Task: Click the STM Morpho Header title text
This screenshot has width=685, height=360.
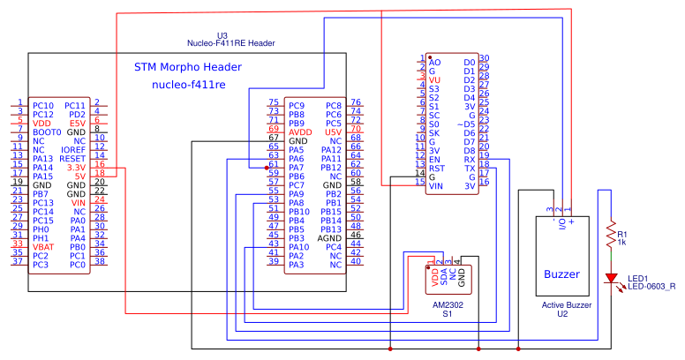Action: click(187, 67)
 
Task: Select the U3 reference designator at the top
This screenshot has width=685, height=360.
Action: click(234, 34)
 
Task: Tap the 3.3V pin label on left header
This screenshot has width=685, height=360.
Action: click(76, 167)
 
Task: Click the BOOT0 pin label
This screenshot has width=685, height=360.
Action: click(47, 131)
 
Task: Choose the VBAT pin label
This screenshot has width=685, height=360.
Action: click(42, 246)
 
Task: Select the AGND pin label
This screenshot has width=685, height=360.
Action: click(329, 237)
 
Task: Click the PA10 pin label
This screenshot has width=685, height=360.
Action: click(298, 246)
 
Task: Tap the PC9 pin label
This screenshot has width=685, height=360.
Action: click(297, 105)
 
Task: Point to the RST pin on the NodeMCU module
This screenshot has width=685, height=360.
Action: click(436, 168)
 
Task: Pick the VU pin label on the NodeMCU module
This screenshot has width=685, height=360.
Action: click(434, 79)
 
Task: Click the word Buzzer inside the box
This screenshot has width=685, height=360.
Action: click(561, 273)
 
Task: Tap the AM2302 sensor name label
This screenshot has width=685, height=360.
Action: click(448, 304)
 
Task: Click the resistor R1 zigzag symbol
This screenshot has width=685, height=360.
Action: click(608, 235)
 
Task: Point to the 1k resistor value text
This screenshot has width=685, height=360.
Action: click(622, 242)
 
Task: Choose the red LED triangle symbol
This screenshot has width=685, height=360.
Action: click(609, 278)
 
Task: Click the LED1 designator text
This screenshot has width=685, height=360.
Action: click(637, 277)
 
